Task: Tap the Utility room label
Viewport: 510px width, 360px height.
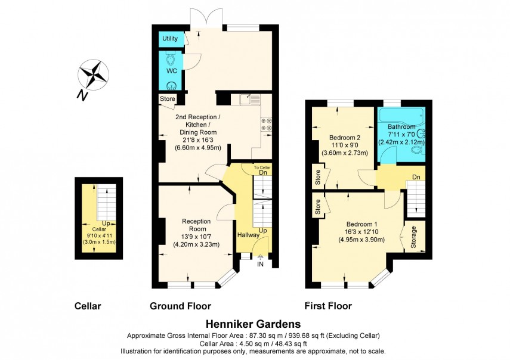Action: [x=170, y=39]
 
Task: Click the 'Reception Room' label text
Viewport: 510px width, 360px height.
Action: [x=194, y=225]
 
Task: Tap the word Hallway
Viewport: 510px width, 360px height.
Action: [x=248, y=235]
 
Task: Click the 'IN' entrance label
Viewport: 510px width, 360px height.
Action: [x=260, y=263]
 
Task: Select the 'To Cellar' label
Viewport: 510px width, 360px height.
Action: [x=262, y=167]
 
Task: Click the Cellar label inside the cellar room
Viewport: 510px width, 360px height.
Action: [x=98, y=229]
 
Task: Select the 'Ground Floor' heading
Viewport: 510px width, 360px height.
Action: [x=180, y=306]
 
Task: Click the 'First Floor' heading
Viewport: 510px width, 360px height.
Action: [x=328, y=306]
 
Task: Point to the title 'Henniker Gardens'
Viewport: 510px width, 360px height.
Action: [x=253, y=324]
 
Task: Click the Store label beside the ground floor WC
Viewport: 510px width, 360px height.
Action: [x=167, y=99]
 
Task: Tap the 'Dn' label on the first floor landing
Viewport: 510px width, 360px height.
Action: [x=415, y=177]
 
